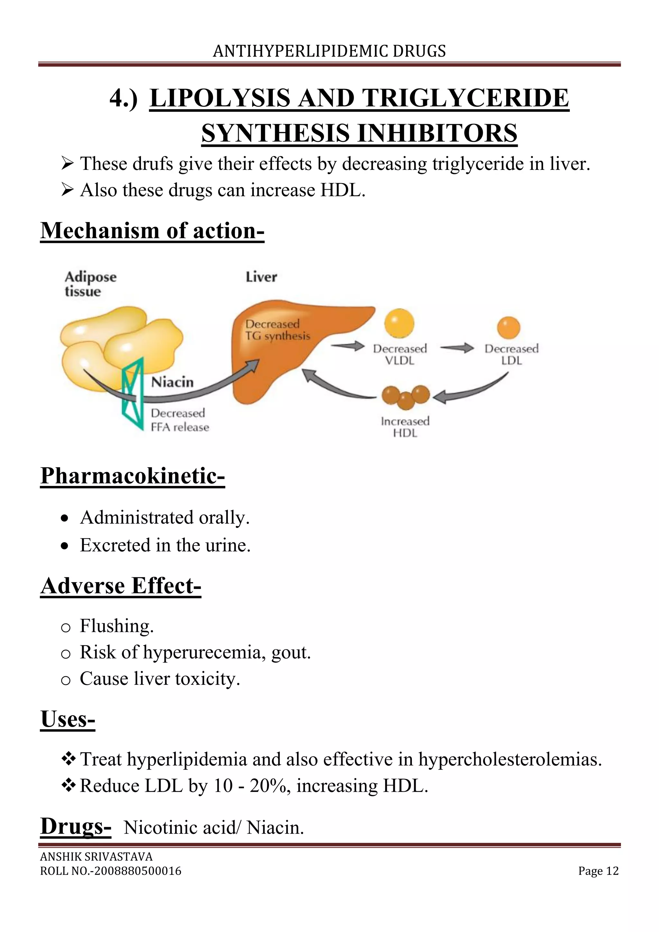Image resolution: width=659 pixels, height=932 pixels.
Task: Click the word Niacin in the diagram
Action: pyautogui.click(x=172, y=382)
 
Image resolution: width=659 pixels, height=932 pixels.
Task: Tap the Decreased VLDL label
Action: pyautogui.click(x=400, y=354)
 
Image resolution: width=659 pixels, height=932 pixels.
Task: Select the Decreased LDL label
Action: pyautogui.click(x=511, y=354)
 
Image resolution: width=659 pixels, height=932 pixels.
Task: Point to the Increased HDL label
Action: pyautogui.click(x=405, y=427)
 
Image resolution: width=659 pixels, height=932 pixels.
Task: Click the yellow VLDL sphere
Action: pyautogui.click(x=399, y=323)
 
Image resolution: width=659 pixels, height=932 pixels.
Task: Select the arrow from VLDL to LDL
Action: pyautogui.click(x=457, y=348)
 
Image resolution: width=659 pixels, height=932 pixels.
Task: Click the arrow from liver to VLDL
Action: pyautogui.click(x=348, y=346)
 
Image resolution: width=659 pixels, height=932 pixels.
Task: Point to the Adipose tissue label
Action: pyautogui.click(x=90, y=284)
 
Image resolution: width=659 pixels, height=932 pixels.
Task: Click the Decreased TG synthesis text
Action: pyautogui.click(x=277, y=330)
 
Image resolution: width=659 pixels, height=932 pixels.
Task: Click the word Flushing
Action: pyautogui.click(x=116, y=626)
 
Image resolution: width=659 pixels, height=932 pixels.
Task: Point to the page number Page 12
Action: pyautogui.click(x=598, y=871)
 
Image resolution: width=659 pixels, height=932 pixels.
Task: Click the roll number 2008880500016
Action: pyautogui.click(x=138, y=871)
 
